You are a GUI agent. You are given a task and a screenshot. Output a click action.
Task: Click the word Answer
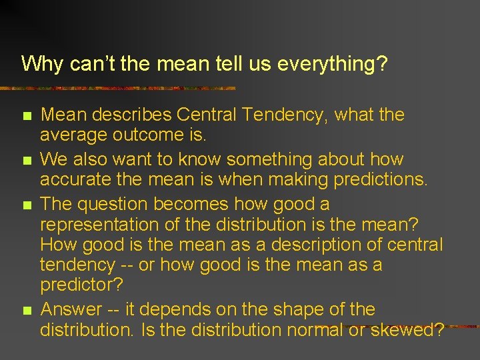71,309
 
